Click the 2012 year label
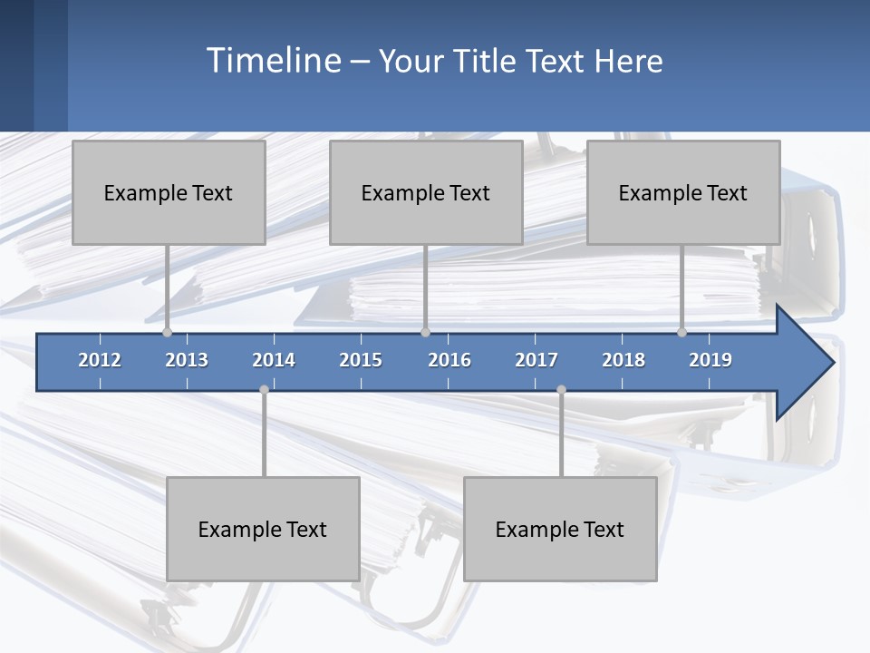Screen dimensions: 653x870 tap(100, 360)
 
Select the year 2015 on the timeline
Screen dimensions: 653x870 tap(361, 360)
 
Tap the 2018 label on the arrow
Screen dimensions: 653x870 tap(623, 360)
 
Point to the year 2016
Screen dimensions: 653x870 tap(449, 360)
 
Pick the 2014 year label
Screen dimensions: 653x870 tap(274, 360)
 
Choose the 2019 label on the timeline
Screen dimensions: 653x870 tap(710, 360)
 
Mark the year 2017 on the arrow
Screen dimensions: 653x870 tap(536, 360)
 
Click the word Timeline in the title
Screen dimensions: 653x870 tap(273, 60)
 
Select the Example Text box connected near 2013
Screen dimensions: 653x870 tap(169, 192)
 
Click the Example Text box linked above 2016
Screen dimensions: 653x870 tap(426, 192)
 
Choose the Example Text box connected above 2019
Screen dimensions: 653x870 tap(683, 192)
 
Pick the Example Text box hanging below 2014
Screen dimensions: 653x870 tap(263, 529)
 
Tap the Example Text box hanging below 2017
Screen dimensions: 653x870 tap(560, 529)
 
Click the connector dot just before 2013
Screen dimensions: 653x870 tap(167, 332)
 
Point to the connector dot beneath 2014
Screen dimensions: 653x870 tap(264, 389)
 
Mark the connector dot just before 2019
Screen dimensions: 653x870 tap(682, 332)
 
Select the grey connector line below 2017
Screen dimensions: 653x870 tap(561, 434)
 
